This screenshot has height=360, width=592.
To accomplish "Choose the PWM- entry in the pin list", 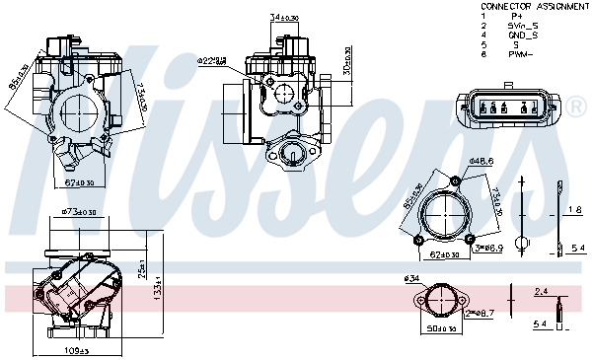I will coord(520,54).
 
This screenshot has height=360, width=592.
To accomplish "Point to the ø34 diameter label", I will coord(412,278).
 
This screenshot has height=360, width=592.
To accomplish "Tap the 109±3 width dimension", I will coord(77,349).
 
